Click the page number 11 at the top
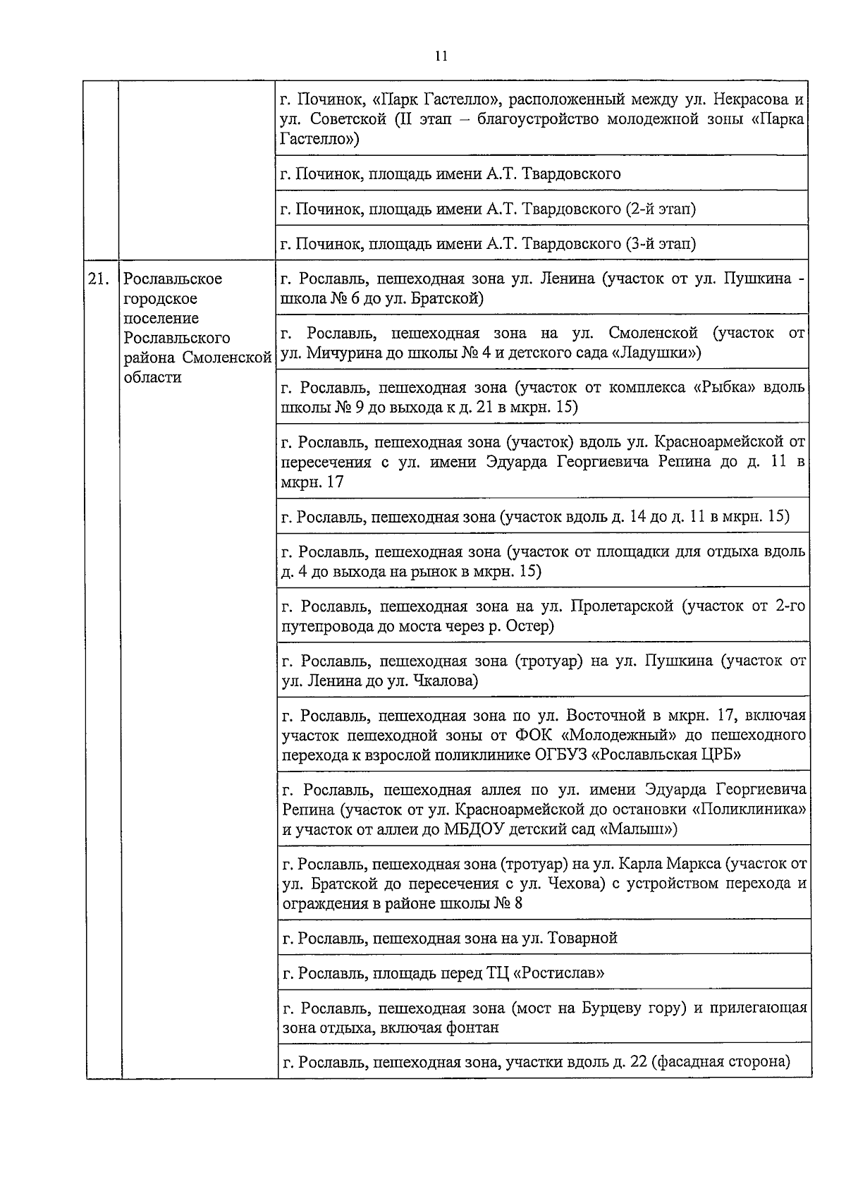[441, 56]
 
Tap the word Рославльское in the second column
[173, 279]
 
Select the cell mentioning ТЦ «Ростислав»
[543, 973]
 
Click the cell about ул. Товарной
[543, 938]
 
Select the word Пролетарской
[622, 606]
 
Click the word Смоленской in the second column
[227, 358]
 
